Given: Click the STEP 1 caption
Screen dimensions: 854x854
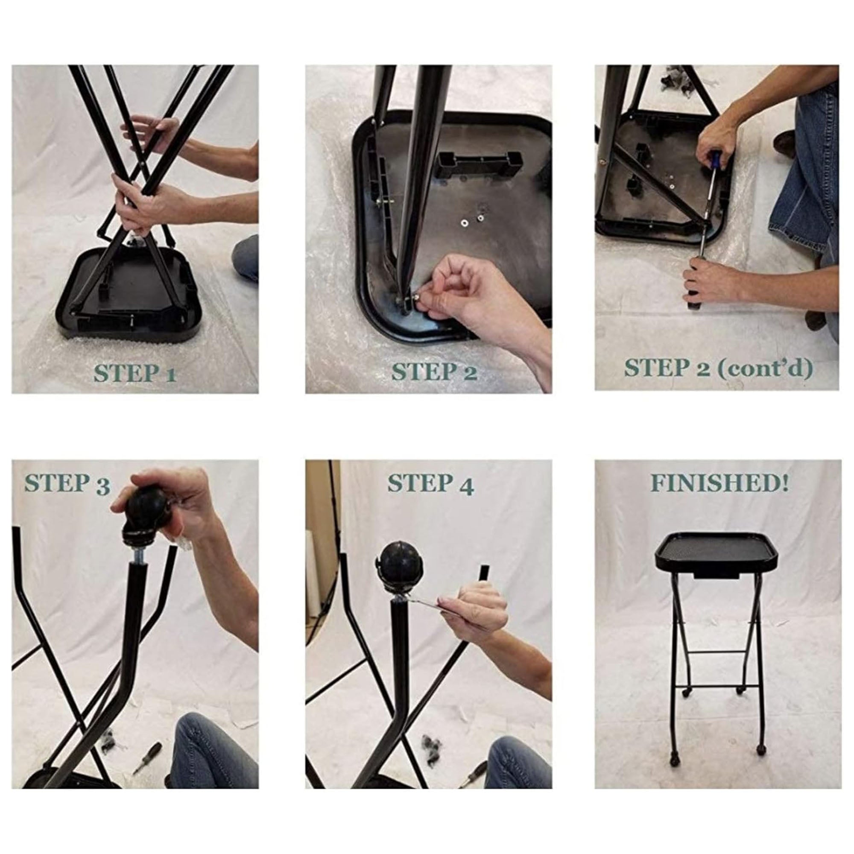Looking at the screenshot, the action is point(135,374).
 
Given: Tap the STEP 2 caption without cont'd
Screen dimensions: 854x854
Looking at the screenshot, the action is point(434,372).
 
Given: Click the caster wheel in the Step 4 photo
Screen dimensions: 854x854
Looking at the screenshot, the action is point(400,570).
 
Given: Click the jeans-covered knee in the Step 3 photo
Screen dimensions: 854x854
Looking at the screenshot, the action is point(212,747).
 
